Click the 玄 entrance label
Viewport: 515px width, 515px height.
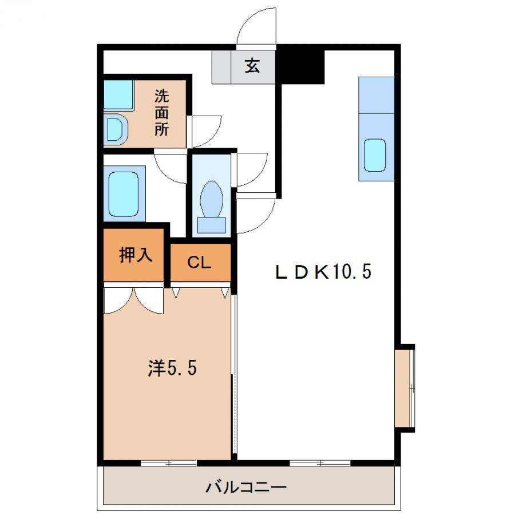pyautogui.click(x=252, y=66)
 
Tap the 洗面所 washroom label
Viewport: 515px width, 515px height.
pyautogui.click(x=161, y=113)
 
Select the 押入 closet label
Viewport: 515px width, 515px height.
pyautogui.click(x=136, y=254)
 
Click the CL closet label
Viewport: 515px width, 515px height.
pyautogui.click(x=199, y=263)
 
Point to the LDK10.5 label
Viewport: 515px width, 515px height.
pyautogui.click(x=323, y=272)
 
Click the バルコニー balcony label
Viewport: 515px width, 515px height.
pyautogui.click(x=246, y=487)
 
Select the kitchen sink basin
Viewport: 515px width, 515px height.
pyautogui.click(x=375, y=155)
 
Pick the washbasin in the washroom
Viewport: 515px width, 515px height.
pyautogui.click(x=115, y=129)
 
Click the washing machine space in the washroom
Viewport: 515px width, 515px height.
pyautogui.click(x=118, y=94)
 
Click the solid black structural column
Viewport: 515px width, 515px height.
pyautogui.click(x=301, y=68)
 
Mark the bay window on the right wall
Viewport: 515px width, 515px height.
pyautogui.click(x=405, y=388)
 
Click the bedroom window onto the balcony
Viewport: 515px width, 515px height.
pyautogui.click(x=168, y=463)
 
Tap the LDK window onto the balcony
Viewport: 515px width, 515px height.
pyautogui.click(x=320, y=463)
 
